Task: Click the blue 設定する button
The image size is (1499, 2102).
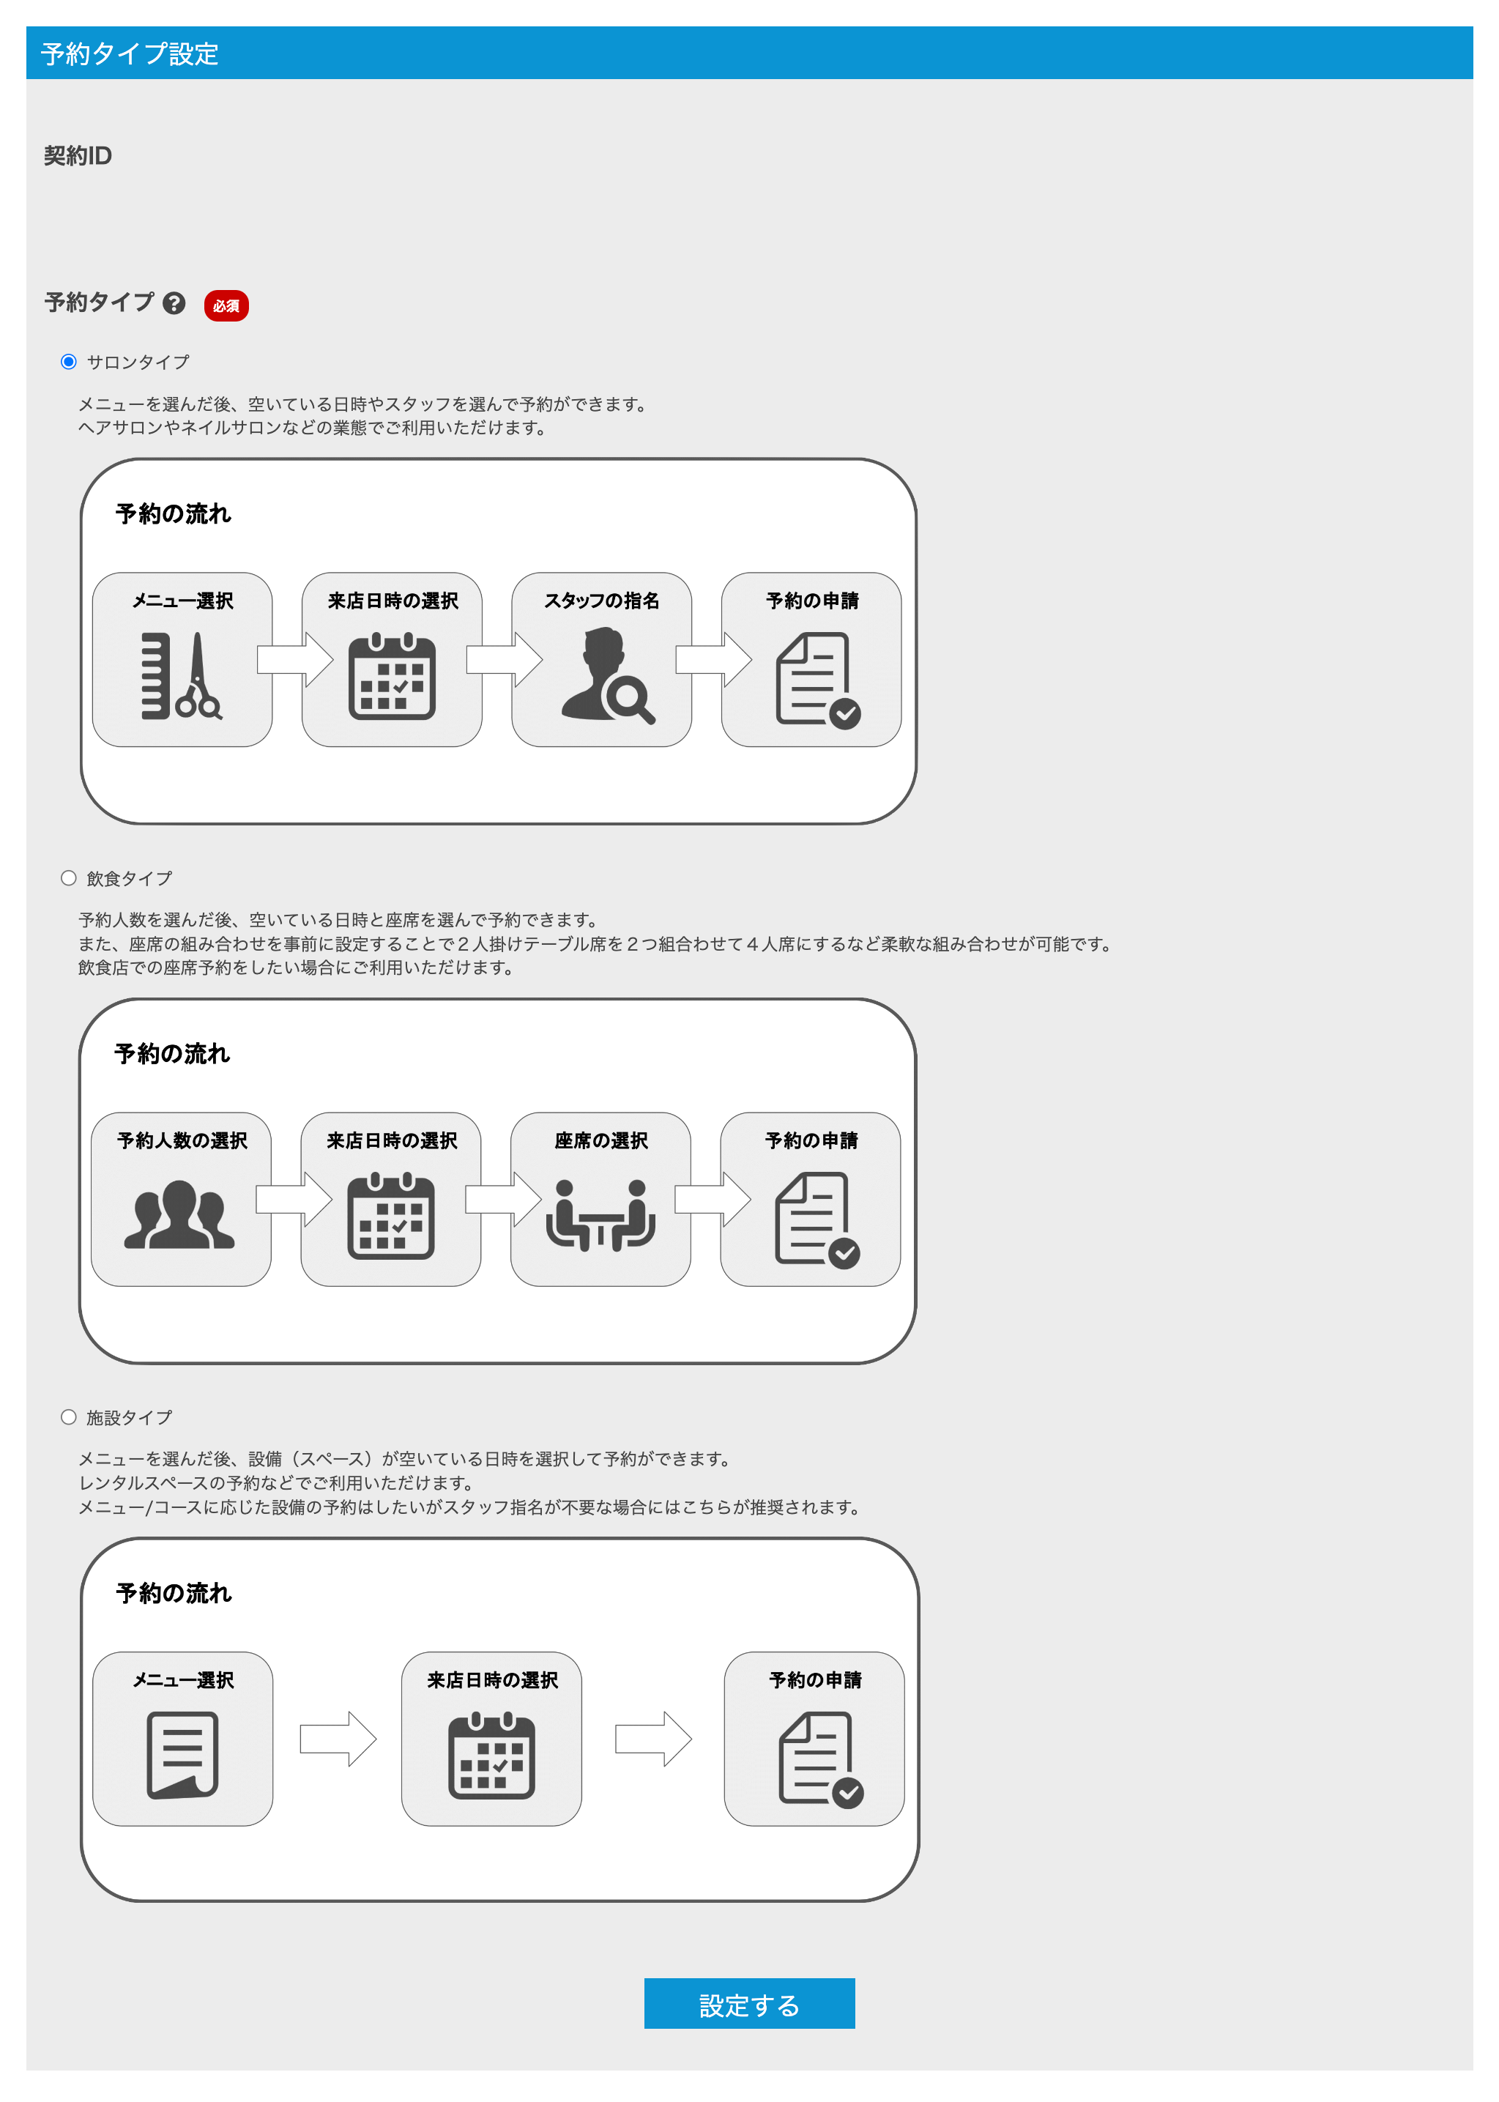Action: point(748,2003)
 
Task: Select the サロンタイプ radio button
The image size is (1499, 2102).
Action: point(68,362)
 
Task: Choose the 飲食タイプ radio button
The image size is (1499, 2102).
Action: point(68,878)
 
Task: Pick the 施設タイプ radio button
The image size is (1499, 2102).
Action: point(68,1417)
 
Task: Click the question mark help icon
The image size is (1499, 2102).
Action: point(174,302)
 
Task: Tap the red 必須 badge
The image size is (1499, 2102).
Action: point(226,305)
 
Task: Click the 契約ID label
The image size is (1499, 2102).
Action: point(78,156)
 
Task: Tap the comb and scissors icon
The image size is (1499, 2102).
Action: point(182,676)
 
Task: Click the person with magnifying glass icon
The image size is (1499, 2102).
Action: point(607,676)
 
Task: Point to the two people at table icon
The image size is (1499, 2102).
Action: point(601,1215)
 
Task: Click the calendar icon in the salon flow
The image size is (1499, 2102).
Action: point(393,677)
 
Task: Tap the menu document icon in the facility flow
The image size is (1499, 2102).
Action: point(183,1755)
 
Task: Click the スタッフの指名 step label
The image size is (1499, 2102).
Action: point(602,601)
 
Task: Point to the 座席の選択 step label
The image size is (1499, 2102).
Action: point(601,1141)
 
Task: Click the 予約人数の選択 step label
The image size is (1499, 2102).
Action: point(182,1141)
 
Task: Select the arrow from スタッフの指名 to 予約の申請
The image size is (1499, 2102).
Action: point(713,660)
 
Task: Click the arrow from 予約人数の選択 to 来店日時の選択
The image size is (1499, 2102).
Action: point(294,1199)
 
